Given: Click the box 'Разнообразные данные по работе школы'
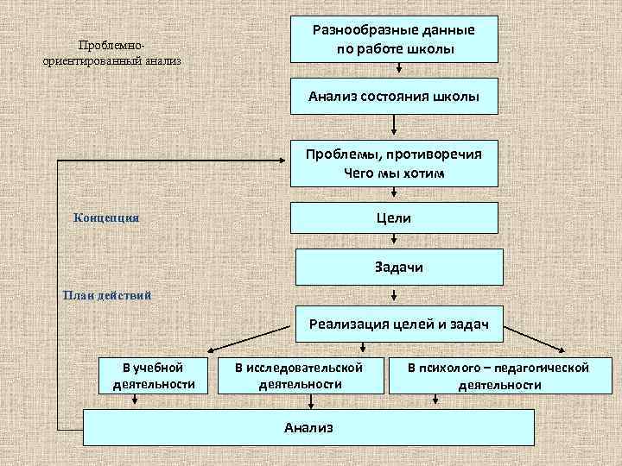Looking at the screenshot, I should coord(394,40).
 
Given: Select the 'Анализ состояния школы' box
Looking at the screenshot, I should coord(394,96).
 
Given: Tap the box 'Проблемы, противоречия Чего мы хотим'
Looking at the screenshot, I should coord(394,163).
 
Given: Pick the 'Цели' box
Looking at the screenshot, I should coord(394,217).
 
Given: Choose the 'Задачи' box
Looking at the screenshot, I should coord(398,268).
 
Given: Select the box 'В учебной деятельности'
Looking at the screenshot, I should coord(153,375).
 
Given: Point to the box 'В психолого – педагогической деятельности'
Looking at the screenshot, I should coord(499,375).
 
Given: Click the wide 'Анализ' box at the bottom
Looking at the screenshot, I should coord(308,427).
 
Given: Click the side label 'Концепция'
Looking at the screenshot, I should coord(107,217).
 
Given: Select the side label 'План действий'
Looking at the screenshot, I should coord(107,295).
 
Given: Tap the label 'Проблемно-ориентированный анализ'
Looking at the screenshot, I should coord(111,53).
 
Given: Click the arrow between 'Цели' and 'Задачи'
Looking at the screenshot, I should coord(394,241).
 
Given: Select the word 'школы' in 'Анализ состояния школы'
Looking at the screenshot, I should coord(456,96).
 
